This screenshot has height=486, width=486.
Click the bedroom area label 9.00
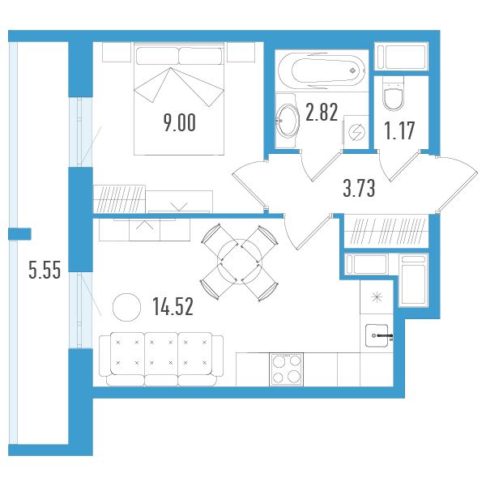(180, 123)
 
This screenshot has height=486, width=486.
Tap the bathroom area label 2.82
(322, 112)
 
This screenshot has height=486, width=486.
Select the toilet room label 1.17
(399, 130)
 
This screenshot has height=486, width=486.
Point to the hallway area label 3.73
(359, 188)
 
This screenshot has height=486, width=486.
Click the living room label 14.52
(173, 306)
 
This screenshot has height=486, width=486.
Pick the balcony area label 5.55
(45, 270)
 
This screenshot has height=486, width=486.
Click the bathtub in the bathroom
(322, 71)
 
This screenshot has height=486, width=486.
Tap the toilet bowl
(394, 95)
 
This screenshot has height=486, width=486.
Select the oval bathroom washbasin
(288, 121)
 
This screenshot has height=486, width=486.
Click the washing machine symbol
(356, 132)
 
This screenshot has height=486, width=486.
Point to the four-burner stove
(286, 369)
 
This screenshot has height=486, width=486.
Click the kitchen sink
(377, 335)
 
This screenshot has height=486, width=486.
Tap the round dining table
(240, 262)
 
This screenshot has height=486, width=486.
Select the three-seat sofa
(161, 359)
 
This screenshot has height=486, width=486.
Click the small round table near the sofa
(127, 307)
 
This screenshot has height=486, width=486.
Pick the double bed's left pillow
(157, 56)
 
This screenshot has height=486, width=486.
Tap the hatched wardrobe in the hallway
(386, 231)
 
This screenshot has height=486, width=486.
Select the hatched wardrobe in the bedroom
(119, 199)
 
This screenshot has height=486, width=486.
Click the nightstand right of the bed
(241, 52)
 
